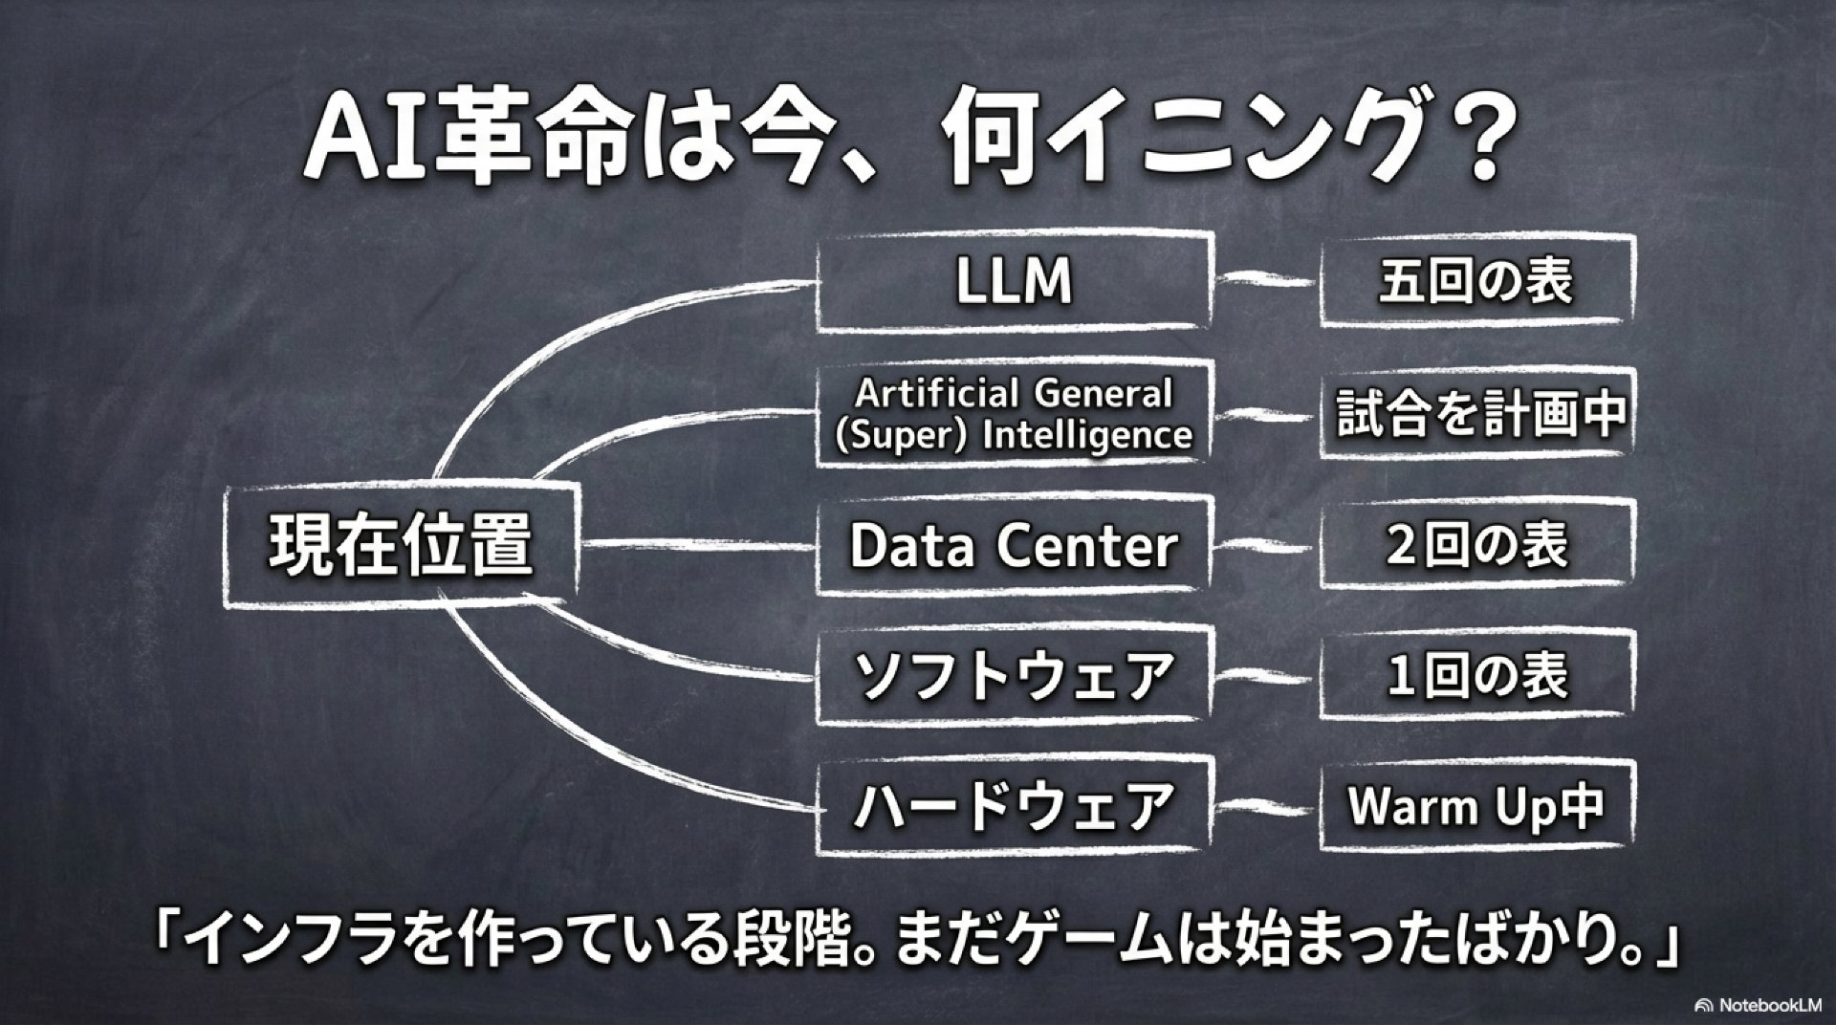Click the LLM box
pyautogui.click(x=1014, y=282)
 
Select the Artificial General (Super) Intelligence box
pyautogui.click(x=1014, y=413)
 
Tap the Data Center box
pyautogui.click(x=1014, y=545)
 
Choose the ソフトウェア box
pyautogui.click(x=1014, y=676)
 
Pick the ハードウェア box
pyautogui.click(x=1014, y=806)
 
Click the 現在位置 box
pyautogui.click(x=400, y=545)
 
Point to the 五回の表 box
pyautogui.click(x=1475, y=282)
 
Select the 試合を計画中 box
pyautogui.click(x=1475, y=413)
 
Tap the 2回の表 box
pyautogui.click(x=1475, y=545)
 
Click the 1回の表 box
pyautogui.click(x=1475, y=676)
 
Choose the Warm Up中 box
pyautogui.click(x=1475, y=806)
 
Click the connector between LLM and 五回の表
pyautogui.click(x=1264, y=281)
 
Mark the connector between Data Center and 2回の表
pyautogui.click(x=1264, y=547)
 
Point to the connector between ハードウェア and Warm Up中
pyautogui.click(x=1264, y=809)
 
